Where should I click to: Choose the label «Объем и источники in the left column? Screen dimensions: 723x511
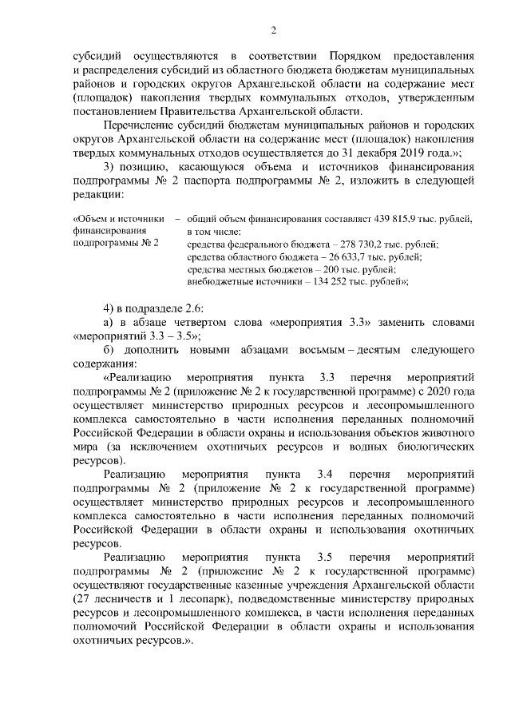point(118,217)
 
